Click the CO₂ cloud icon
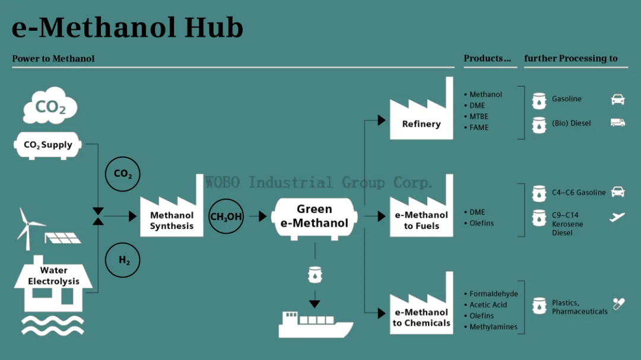tap(50, 107)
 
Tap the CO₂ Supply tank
tap(48, 145)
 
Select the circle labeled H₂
tap(123, 260)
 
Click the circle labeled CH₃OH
tap(226, 216)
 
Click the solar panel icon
tap(62, 238)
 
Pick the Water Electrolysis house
tap(53, 285)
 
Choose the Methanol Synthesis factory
tap(172, 214)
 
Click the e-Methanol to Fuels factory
tap(421, 214)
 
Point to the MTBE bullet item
tap(478, 117)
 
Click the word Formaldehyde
tap(494, 294)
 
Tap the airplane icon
tap(617, 217)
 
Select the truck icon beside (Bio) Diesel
tap(618, 123)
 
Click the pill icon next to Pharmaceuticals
tap(619, 304)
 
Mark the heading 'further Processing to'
tap(571, 59)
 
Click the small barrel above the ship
tap(315, 275)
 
